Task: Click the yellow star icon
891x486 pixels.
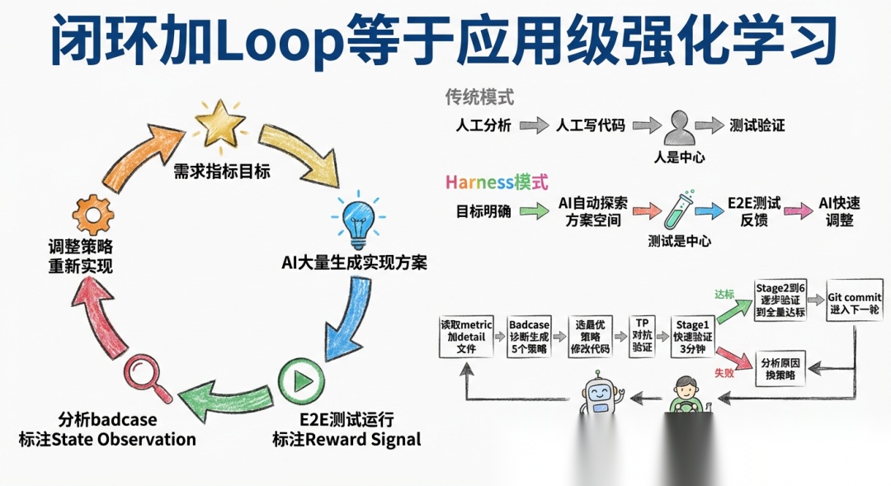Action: [x=220, y=126]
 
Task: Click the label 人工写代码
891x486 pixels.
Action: [x=591, y=126]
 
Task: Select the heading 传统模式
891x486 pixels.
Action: [x=479, y=97]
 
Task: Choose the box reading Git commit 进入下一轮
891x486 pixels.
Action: [x=854, y=302]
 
